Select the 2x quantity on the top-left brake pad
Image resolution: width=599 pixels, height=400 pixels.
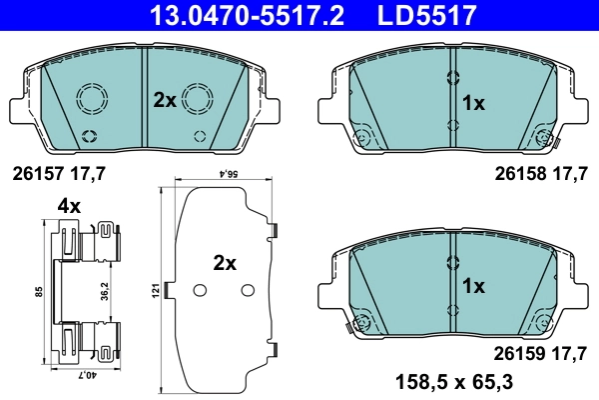coord(164,100)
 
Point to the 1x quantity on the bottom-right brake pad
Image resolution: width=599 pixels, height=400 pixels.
coord(473,285)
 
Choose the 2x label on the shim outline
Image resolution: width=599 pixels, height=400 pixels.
coord(224,264)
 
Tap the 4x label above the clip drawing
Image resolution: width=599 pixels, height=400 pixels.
coord(68,206)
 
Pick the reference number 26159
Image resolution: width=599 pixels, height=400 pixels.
coord(518,352)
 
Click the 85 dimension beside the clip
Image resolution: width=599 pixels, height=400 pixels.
coord(38,292)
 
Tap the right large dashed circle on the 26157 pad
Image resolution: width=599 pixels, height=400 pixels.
coord(198,99)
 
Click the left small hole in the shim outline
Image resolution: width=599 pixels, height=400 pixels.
coord(199,290)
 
